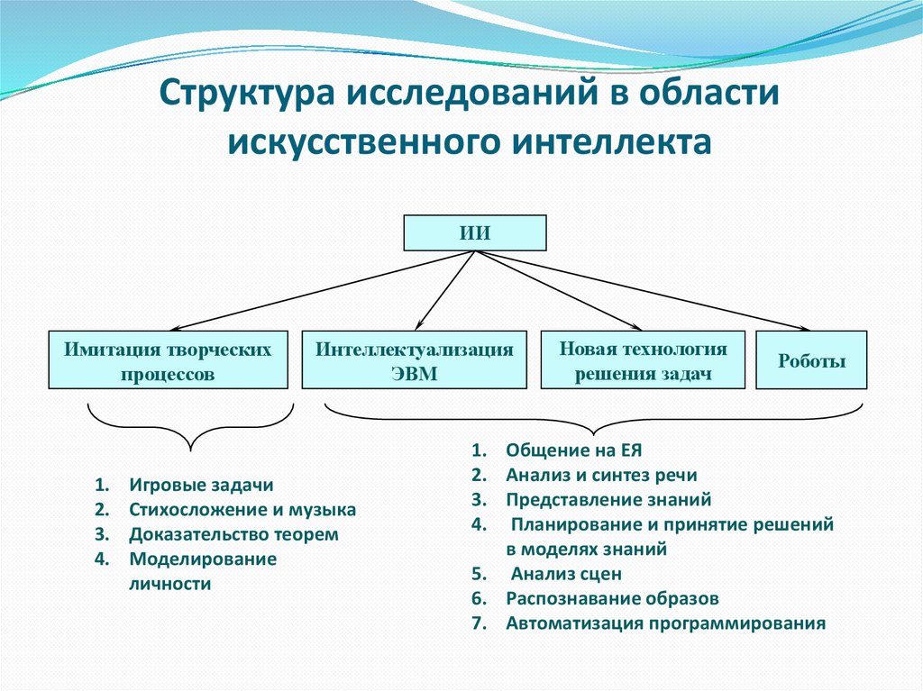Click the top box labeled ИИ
[x=474, y=232]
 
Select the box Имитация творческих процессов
[x=168, y=360]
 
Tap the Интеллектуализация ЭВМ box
[x=414, y=360]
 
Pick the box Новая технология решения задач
[x=643, y=360]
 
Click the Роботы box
[x=811, y=361]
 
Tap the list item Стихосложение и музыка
[x=242, y=510]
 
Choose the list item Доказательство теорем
[x=233, y=535]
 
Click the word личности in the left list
[x=169, y=584]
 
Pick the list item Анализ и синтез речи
[x=601, y=475]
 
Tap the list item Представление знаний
[x=608, y=499]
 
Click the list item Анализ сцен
[x=566, y=574]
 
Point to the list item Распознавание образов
[x=612, y=598]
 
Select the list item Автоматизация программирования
[x=665, y=623]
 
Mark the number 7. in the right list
[x=478, y=623]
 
